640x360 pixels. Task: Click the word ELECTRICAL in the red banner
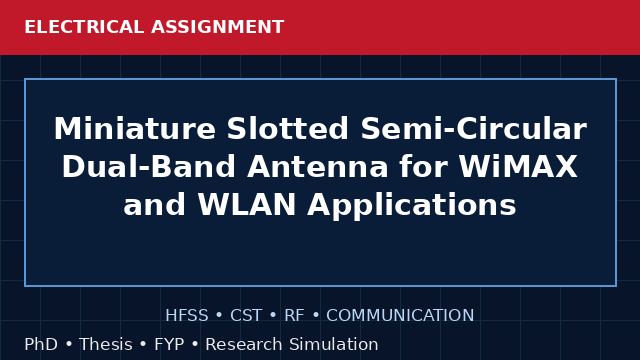point(84,27)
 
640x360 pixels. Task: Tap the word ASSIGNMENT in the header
point(218,27)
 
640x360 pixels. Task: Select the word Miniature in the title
point(135,129)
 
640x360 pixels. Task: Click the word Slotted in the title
point(288,129)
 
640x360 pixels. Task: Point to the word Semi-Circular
point(474,129)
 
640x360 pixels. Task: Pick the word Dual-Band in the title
point(149,167)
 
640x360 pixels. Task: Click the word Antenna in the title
point(318,167)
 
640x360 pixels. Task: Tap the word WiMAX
point(518,167)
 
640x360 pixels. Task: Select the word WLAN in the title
point(247,204)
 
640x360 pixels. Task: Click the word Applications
point(412,205)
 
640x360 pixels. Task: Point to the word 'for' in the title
point(423,167)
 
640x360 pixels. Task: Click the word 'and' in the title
point(155,204)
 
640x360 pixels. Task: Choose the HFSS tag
point(187,316)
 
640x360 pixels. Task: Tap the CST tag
point(246,316)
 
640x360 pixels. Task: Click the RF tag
point(294,316)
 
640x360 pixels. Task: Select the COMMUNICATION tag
point(400,316)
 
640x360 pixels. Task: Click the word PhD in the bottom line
point(41,344)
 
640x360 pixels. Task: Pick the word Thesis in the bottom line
point(106,344)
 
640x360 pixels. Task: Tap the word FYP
point(169,344)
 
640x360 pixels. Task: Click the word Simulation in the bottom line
point(334,344)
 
